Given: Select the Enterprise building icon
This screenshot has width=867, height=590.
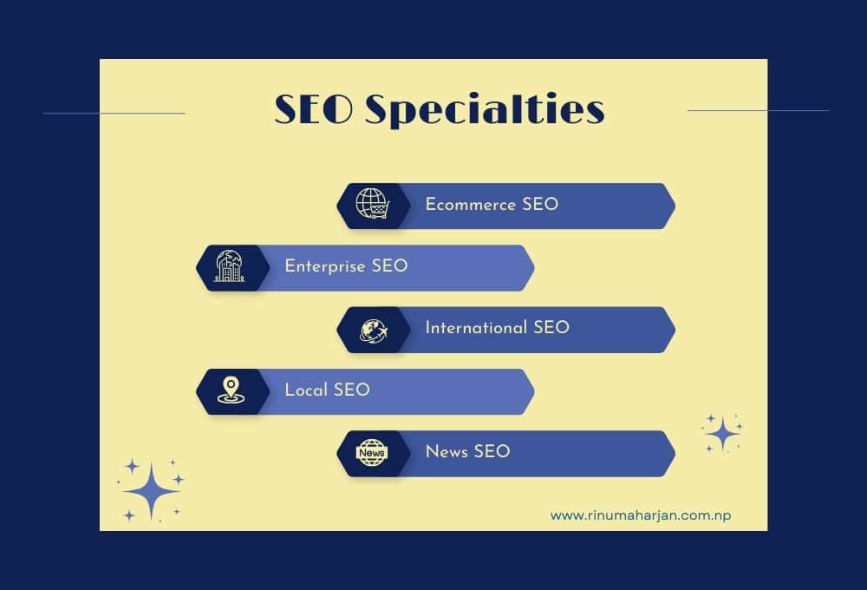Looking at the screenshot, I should [230, 267].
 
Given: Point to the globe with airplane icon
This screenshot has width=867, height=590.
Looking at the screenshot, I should [372, 330].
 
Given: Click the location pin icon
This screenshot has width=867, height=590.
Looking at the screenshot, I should [230, 391].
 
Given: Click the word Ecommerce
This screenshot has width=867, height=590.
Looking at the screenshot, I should [471, 205].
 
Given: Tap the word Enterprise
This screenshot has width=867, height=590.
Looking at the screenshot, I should [325, 266].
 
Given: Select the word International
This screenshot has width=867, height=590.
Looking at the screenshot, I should [475, 328].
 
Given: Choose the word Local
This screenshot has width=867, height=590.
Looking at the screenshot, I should [306, 390].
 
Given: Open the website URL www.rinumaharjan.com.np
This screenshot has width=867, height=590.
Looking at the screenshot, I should [640, 515].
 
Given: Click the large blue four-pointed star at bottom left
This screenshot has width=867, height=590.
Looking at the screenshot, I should [151, 491].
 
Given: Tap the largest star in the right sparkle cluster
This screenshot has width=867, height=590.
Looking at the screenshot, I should [721, 433].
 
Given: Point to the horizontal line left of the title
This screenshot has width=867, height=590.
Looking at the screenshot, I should [114, 113].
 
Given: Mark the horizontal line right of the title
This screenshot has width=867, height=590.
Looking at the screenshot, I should [758, 110].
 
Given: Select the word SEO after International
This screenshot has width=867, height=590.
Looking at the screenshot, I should [551, 328].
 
